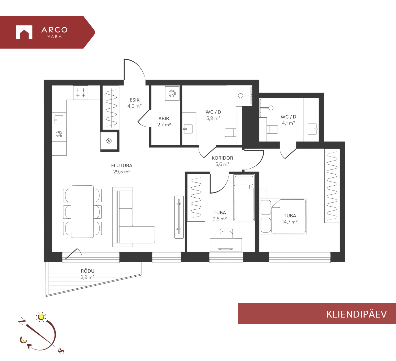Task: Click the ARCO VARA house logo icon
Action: tap(24, 32)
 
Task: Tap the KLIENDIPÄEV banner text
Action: tap(356, 314)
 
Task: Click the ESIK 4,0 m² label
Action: tap(135, 103)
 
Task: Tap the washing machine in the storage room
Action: tap(172, 94)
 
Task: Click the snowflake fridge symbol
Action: tap(109, 141)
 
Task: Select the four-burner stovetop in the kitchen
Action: tap(81, 93)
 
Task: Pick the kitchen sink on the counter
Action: tap(59, 120)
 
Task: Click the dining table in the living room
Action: tap(82, 211)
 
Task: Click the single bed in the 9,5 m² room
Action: tap(244, 198)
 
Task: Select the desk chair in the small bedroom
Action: tap(226, 234)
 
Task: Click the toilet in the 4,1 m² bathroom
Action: tap(272, 129)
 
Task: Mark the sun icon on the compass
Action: tap(41, 317)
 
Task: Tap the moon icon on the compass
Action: tap(24, 340)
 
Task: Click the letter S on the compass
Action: tap(61, 351)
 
